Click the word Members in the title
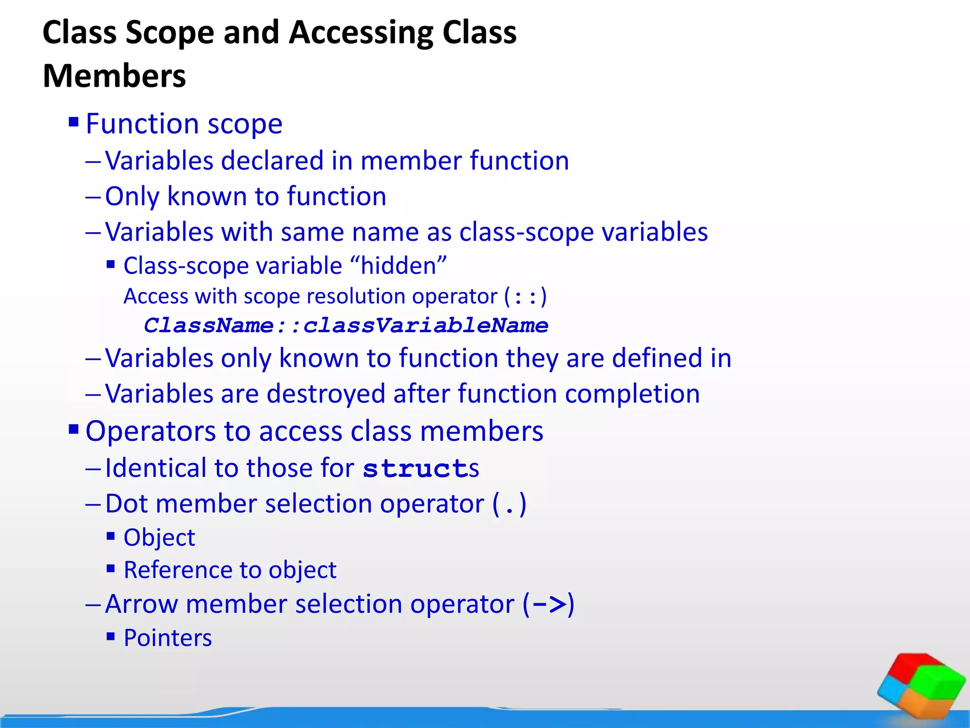pyautogui.click(x=114, y=76)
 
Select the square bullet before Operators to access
pyautogui.click(x=73, y=429)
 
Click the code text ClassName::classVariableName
pyautogui.click(x=346, y=326)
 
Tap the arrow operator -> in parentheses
pyautogui.click(x=549, y=604)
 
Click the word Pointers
pyautogui.click(x=168, y=637)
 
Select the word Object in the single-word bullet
pyautogui.click(x=159, y=537)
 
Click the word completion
pyautogui.click(x=632, y=394)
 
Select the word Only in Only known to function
pyautogui.click(x=132, y=196)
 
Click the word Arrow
pyautogui.click(x=141, y=604)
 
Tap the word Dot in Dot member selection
pyautogui.click(x=126, y=503)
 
